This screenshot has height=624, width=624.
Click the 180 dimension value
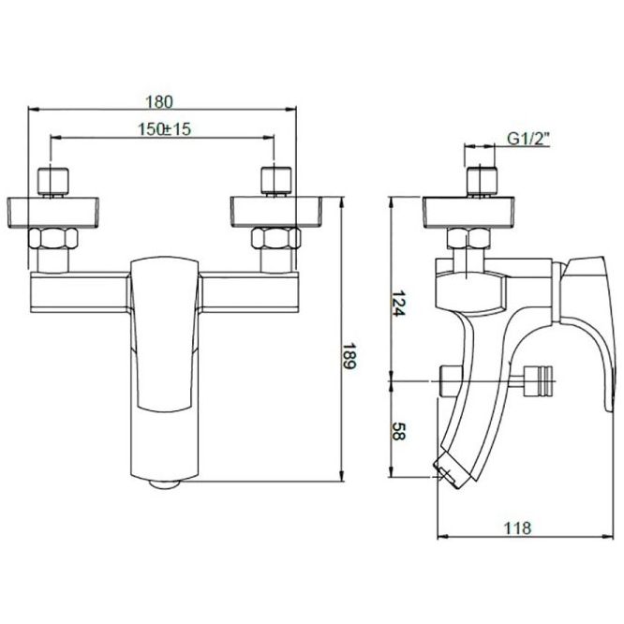pos(159,102)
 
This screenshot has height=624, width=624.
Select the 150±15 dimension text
pos(164,129)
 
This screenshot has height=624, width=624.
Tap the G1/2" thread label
pos(528,140)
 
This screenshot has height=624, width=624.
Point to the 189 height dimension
pos(349,356)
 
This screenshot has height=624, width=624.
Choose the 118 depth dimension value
pos(517,528)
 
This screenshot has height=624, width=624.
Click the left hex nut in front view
pos(52,238)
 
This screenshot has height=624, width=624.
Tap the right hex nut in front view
pos(275,238)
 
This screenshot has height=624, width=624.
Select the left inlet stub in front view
pos(52,182)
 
